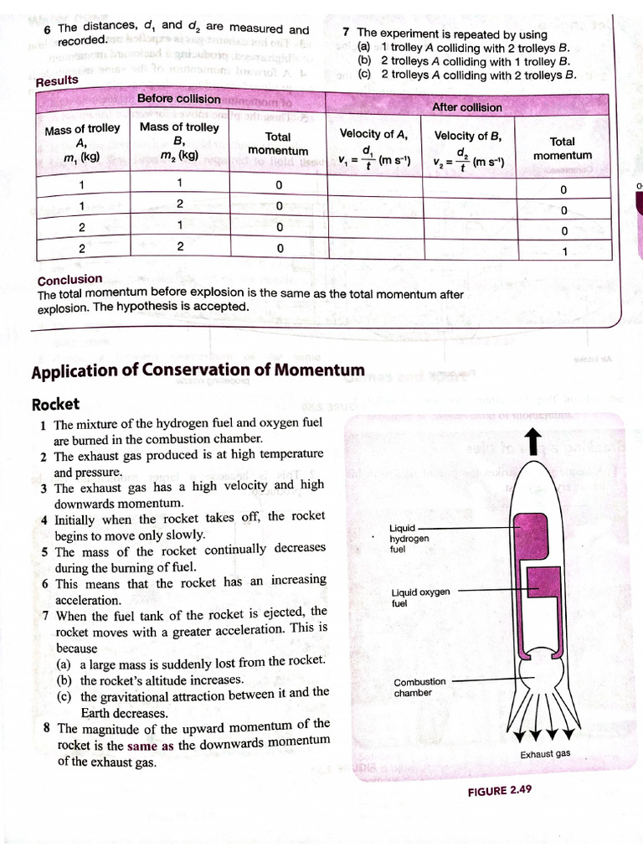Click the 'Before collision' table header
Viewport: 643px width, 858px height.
tap(179, 99)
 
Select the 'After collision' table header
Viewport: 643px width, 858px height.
tap(467, 107)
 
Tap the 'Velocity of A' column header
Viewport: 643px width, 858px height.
tap(374, 134)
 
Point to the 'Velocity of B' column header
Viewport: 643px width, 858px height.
tap(468, 135)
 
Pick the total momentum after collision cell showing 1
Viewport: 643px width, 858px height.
tap(564, 251)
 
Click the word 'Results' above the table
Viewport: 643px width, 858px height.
tap(57, 80)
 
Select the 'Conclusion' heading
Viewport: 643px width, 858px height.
tap(70, 279)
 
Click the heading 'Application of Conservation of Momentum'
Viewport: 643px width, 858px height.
tap(198, 370)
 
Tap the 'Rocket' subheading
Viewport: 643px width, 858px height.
tap(55, 404)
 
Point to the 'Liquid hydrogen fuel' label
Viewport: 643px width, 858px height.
tap(410, 538)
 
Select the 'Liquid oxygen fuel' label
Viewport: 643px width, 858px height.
tap(420, 597)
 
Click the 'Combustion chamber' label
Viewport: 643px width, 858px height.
tap(420, 687)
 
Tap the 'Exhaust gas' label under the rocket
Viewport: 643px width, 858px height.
tap(545, 753)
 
